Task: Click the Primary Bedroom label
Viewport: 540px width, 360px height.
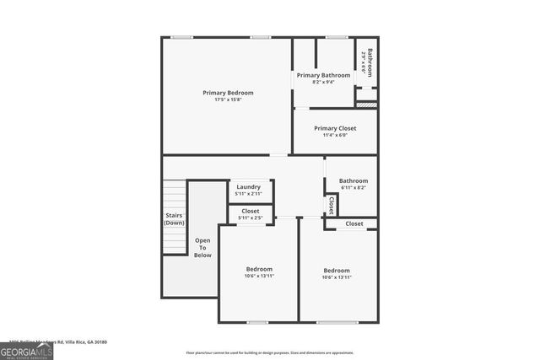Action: pyautogui.click(x=228, y=92)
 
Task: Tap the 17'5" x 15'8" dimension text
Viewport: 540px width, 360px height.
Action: pyautogui.click(x=228, y=99)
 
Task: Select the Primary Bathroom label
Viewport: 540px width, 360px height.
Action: pyautogui.click(x=323, y=75)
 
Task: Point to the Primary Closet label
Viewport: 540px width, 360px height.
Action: pyautogui.click(x=335, y=128)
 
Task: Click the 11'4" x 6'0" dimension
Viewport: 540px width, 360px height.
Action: pyautogui.click(x=335, y=135)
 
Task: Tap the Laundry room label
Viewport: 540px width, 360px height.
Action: pyautogui.click(x=249, y=186)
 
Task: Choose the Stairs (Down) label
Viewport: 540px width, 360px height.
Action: pyautogui.click(x=175, y=218)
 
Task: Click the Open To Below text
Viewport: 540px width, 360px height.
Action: pyautogui.click(x=202, y=247)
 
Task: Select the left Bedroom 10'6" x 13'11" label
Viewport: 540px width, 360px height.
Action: pyautogui.click(x=259, y=269)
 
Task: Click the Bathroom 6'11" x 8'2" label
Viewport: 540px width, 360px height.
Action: pyautogui.click(x=354, y=180)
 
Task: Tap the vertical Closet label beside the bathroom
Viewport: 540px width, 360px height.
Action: pyautogui.click(x=331, y=205)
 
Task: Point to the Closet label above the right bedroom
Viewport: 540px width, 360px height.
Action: pyautogui.click(x=354, y=223)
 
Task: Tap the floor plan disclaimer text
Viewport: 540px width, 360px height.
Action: pyautogui.click(x=269, y=352)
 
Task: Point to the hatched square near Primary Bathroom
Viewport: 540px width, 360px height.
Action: pyautogui.click(x=365, y=105)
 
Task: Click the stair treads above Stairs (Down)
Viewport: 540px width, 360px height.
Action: pyautogui.click(x=175, y=196)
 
